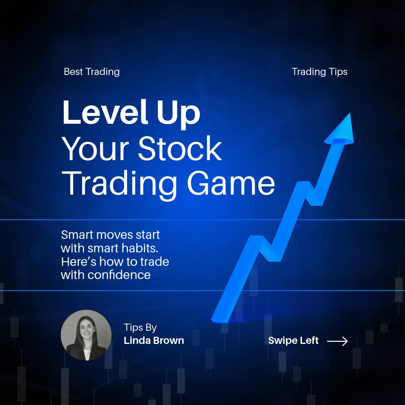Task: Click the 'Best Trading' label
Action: click(92, 72)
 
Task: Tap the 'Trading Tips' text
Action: click(319, 72)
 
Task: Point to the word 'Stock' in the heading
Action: click(180, 148)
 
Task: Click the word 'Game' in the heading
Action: click(231, 183)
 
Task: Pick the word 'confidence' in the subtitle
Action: click(119, 275)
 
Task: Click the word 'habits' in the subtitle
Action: click(140, 248)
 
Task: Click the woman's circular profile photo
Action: click(86, 335)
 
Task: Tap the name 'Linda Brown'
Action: click(154, 340)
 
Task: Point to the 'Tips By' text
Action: click(140, 328)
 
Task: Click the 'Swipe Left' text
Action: click(293, 340)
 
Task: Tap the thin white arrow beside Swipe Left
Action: click(337, 341)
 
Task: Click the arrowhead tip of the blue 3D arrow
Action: click(350, 113)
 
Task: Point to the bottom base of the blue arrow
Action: click(219, 320)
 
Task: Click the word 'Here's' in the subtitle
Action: click(79, 262)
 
